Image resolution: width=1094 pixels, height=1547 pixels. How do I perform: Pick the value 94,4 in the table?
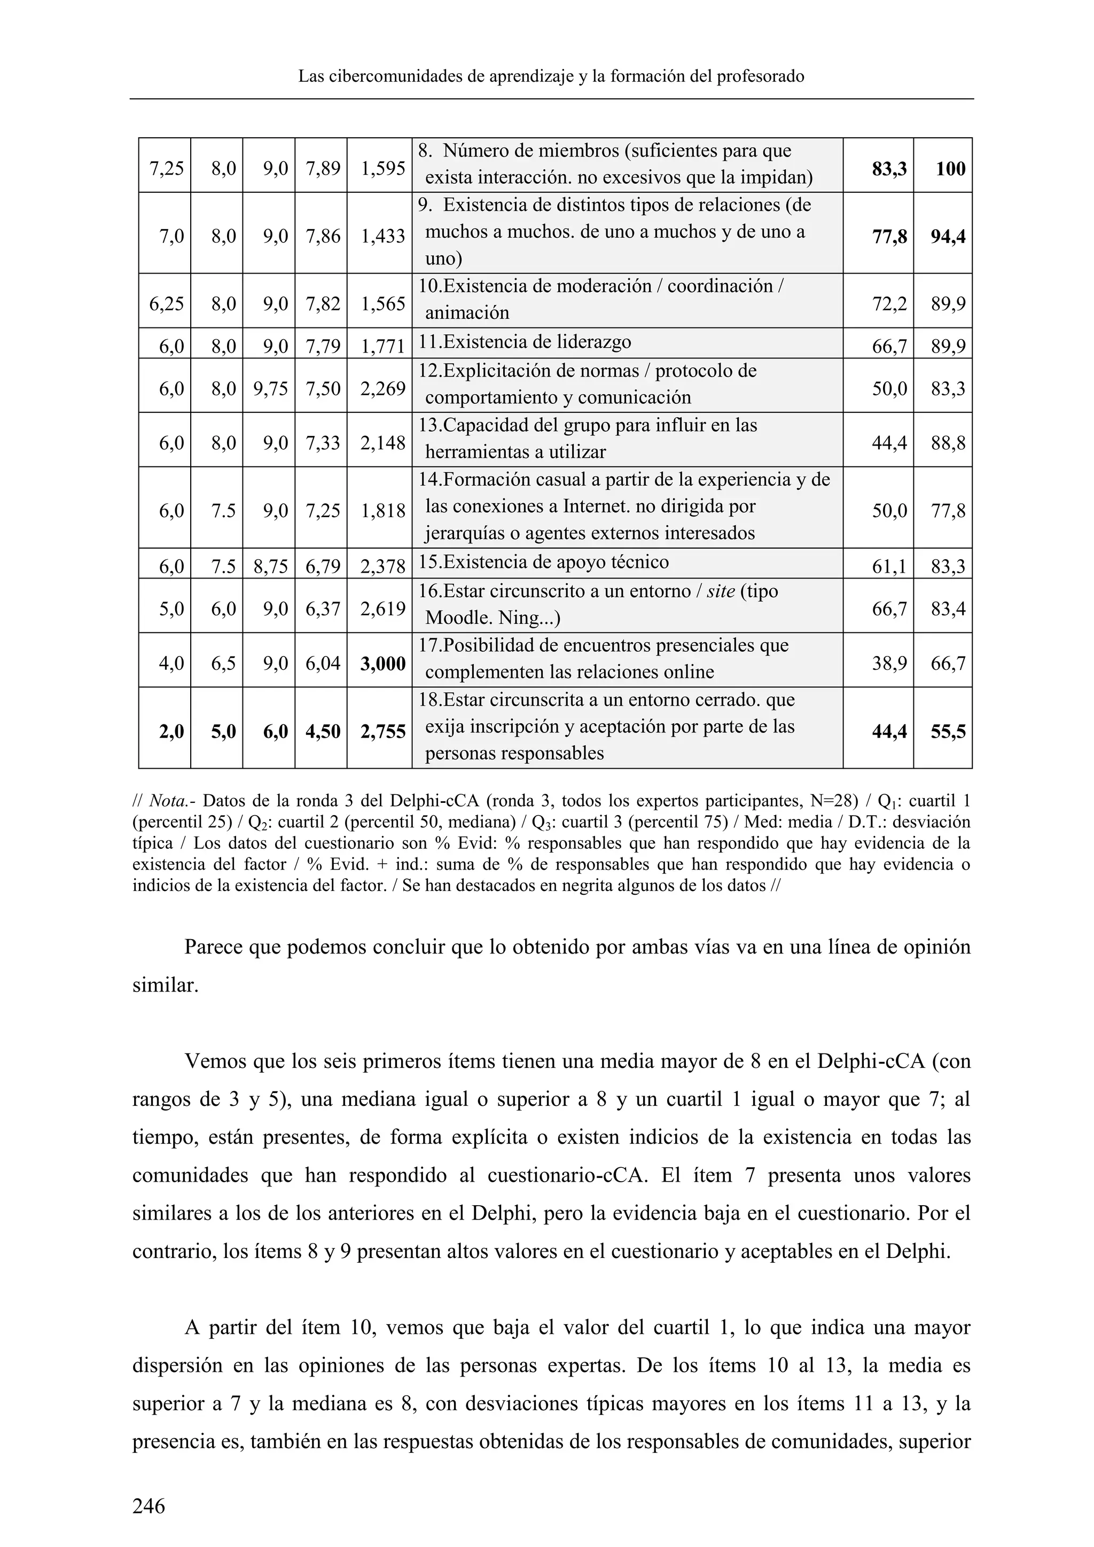click(x=948, y=237)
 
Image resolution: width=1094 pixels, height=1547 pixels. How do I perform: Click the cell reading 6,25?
click(x=166, y=304)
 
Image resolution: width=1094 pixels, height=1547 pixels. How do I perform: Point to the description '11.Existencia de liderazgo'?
click(x=525, y=342)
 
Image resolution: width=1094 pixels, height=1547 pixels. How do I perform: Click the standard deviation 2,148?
click(x=382, y=443)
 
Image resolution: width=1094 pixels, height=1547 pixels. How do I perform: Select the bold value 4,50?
click(x=323, y=732)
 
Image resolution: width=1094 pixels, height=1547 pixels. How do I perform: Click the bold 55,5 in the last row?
click(x=948, y=732)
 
